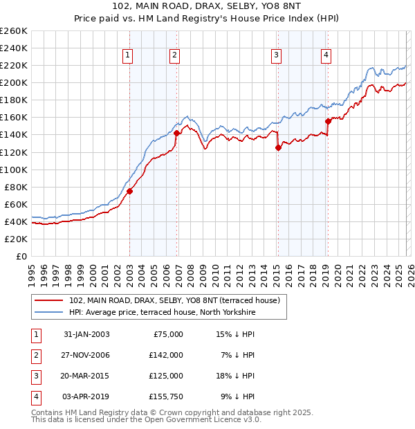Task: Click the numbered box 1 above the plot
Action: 129,56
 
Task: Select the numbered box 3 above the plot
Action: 276,56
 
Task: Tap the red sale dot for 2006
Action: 176,133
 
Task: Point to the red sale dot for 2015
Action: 278,147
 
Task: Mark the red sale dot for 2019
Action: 327,121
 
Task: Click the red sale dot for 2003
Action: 129,191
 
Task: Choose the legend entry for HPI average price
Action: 163,313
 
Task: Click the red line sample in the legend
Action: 50,300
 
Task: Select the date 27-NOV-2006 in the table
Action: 86,355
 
